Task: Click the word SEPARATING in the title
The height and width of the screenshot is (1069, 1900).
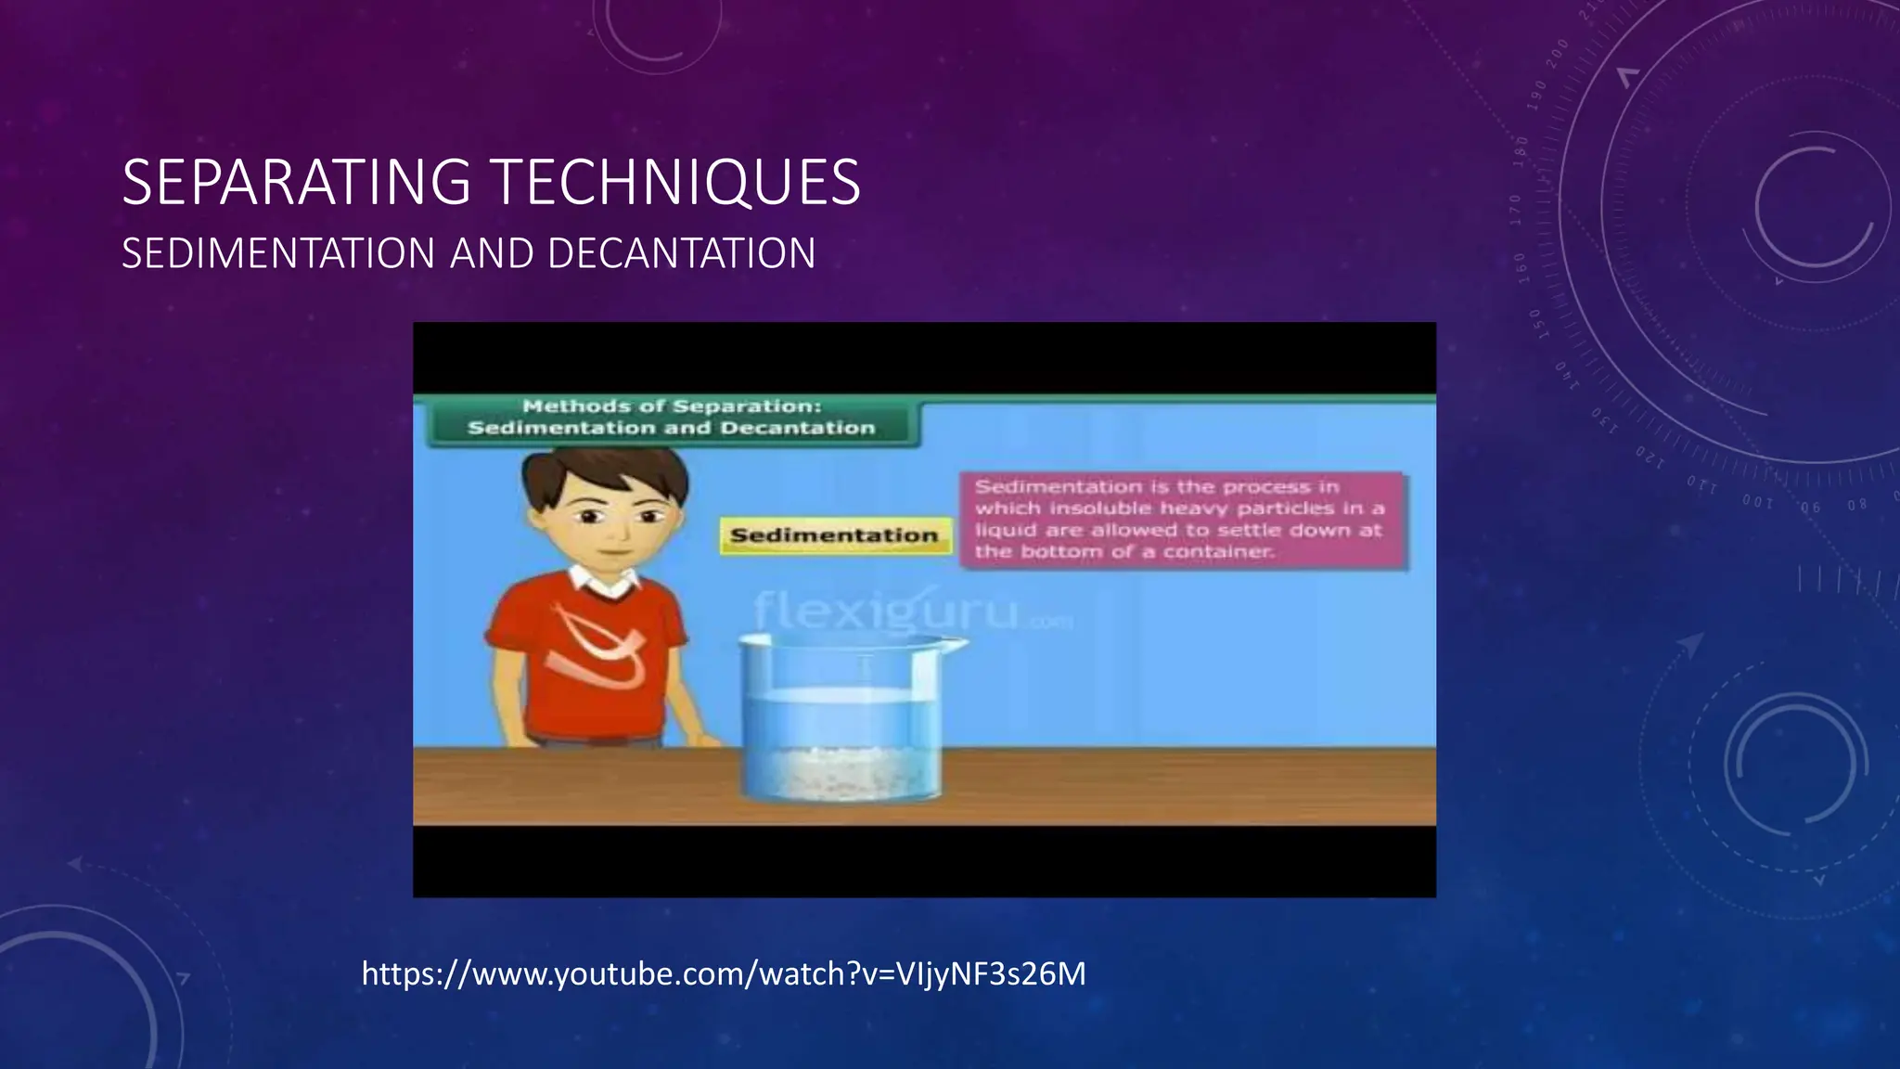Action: pyautogui.click(x=297, y=183)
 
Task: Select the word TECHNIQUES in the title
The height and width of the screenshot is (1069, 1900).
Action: pyautogui.click(x=676, y=183)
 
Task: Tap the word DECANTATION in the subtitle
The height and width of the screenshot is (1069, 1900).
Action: pyautogui.click(x=682, y=254)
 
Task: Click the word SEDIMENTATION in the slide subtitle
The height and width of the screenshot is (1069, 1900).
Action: pyautogui.click(x=278, y=254)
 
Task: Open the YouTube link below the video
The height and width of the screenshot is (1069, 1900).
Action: pyautogui.click(x=723, y=974)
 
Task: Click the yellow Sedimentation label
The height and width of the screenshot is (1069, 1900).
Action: pyautogui.click(x=834, y=535)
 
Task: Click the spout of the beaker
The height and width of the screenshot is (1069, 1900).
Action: pyautogui.click(x=956, y=642)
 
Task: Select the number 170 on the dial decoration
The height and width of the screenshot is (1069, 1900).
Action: pyautogui.click(x=1515, y=210)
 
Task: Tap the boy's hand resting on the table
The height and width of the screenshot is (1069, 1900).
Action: pyautogui.click(x=707, y=740)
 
